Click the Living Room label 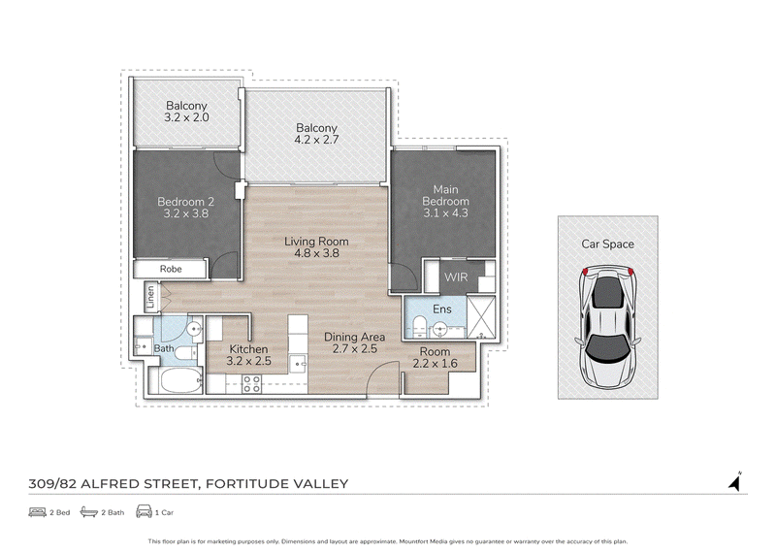tap(316, 242)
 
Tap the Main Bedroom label tap(445, 196)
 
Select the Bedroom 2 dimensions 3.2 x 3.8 tap(186, 213)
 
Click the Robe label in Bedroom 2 tap(171, 269)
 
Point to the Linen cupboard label tap(150, 297)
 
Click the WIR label tap(456, 277)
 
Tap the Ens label tap(442, 309)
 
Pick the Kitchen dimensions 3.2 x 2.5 tap(249, 361)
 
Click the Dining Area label tap(354, 338)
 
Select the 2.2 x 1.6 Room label tap(435, 357)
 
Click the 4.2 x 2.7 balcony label tap(316, 134)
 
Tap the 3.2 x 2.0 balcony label tap(186, 112)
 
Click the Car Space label tap(608, 244)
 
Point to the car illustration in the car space tap(608, 328)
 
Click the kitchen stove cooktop tap(251, 384)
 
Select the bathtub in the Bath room tap(181, 379)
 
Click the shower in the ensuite tap(481, 317)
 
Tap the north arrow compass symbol tap(735, 481)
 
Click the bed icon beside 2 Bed tap(37, 512)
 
